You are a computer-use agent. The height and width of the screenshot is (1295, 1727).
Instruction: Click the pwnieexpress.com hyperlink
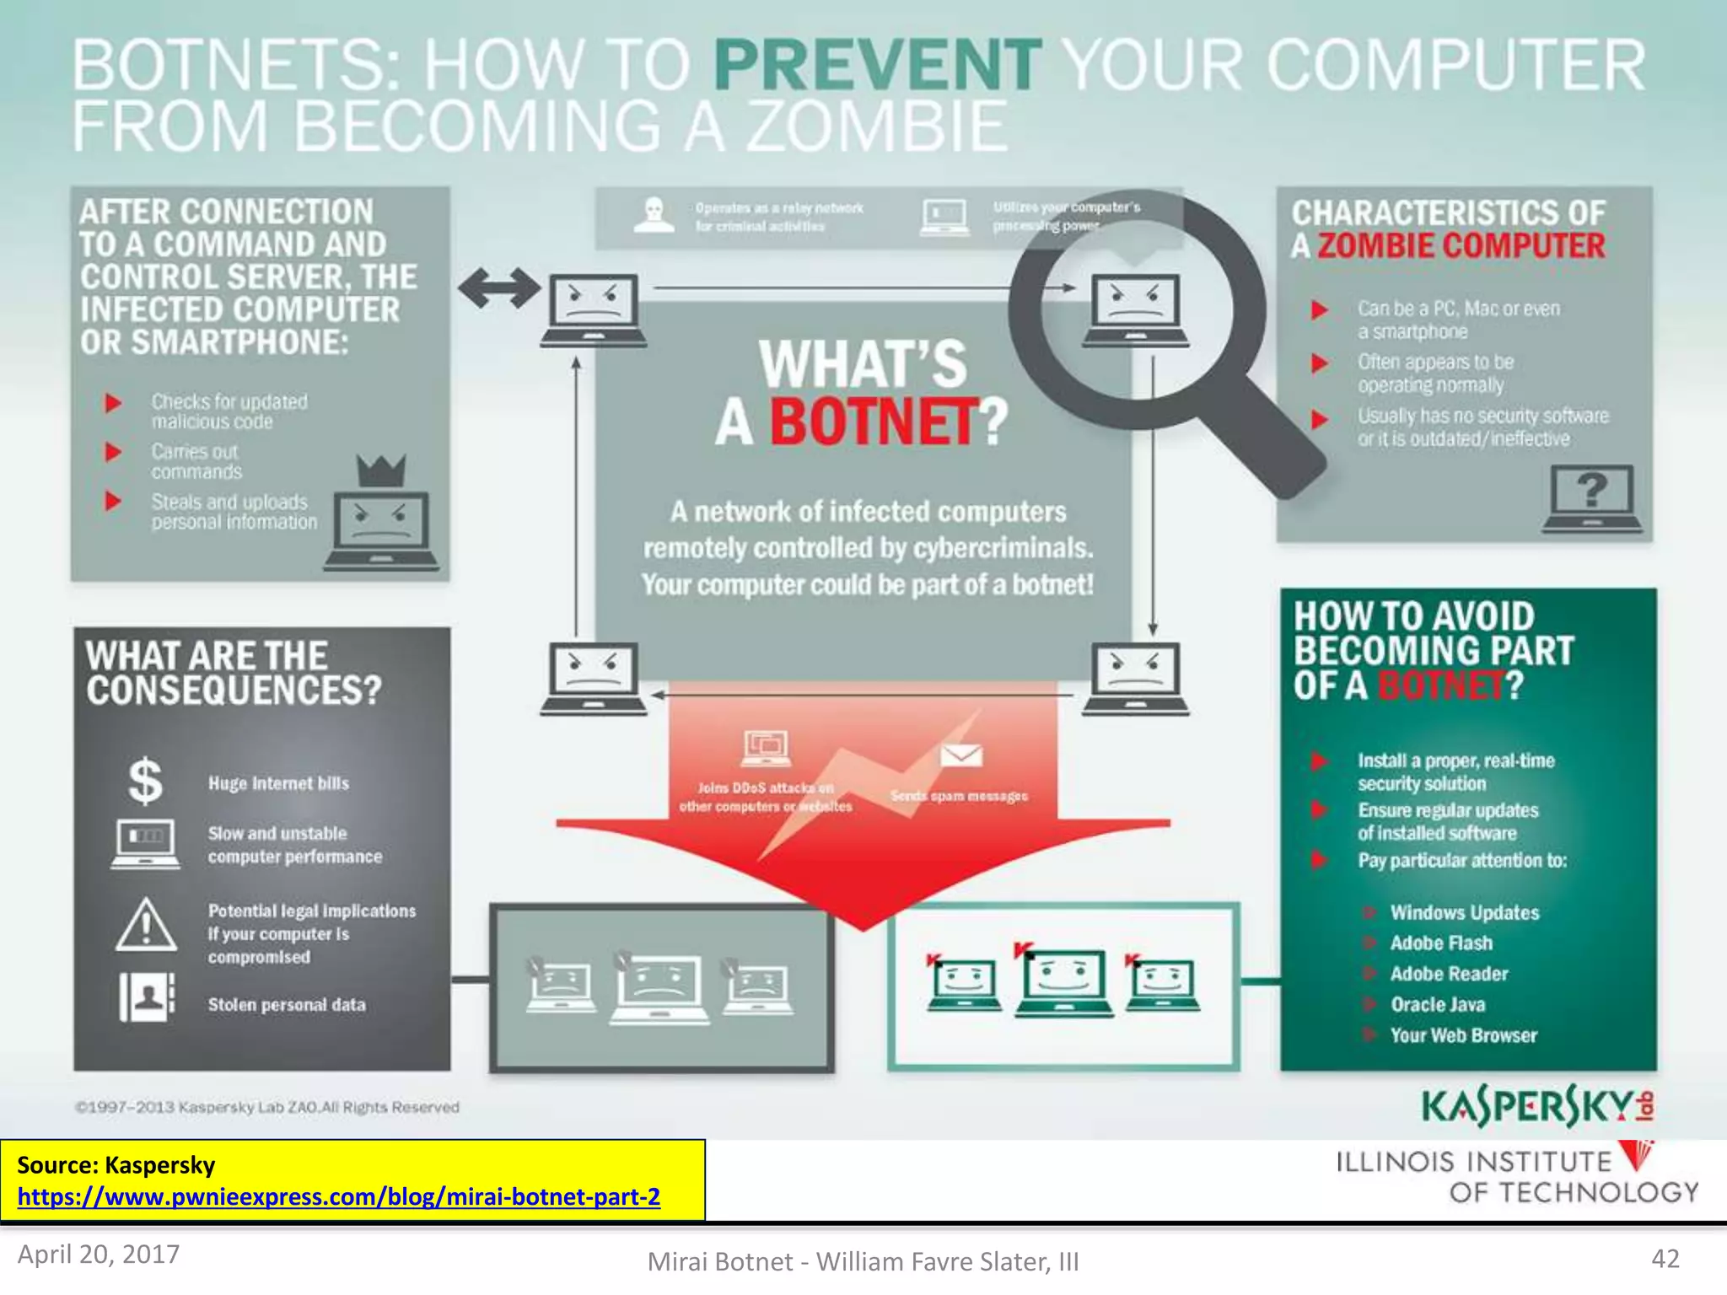click(x=338, y=1196)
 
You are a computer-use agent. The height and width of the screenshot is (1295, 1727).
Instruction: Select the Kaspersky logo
click(x=1537, y=1106)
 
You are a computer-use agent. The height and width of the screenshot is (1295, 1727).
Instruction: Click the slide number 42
click(x=1665, y=1259)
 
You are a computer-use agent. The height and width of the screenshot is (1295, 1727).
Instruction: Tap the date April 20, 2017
click(x=99, y=1255)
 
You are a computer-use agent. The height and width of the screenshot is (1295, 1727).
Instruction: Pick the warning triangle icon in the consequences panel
click(x=146, y=926)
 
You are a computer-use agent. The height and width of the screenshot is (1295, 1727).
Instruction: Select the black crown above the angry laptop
click(x=381, y=470)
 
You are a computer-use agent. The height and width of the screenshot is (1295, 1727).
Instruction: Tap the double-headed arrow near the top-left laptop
click(x=499, y=288)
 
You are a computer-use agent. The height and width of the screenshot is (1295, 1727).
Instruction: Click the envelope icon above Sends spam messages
click(x=960, y=755)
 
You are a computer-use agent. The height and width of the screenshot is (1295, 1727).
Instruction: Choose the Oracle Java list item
click(x=1438, y=1004)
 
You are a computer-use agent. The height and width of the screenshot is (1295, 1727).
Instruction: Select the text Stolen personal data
click(x=287, y=1004)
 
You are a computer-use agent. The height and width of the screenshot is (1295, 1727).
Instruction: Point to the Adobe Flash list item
click(x=1441, y=943)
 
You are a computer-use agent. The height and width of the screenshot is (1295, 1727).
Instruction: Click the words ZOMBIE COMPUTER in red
click(x=1461, y=246)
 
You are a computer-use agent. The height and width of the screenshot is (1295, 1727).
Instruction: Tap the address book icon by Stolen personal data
click(x=146, y=997)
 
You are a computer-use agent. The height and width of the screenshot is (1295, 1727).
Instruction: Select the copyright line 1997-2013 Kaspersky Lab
click(x=267, y=1107)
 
